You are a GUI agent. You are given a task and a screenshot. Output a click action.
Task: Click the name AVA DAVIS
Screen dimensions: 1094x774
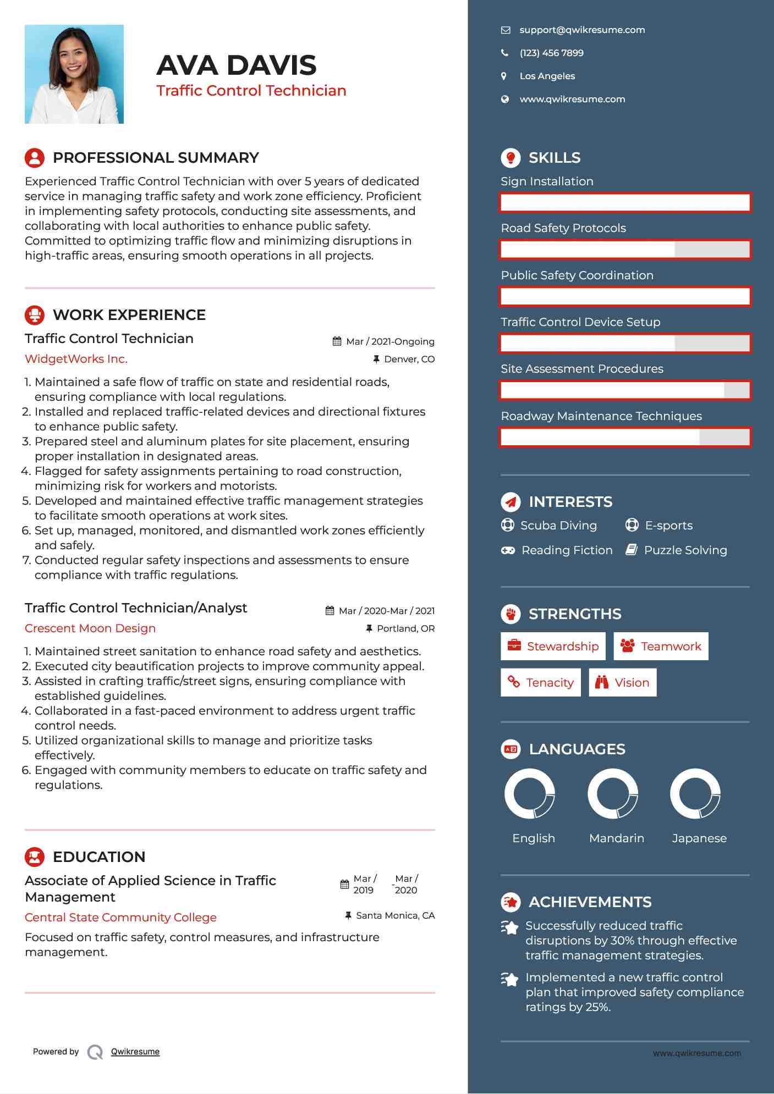pos(237,65)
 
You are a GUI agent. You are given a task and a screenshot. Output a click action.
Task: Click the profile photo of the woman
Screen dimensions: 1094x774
pos(74,74)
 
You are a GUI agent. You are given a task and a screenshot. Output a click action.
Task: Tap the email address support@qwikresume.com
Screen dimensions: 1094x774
pos(582,30)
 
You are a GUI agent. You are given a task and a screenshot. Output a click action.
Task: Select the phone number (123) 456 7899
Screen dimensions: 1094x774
pos(551,53)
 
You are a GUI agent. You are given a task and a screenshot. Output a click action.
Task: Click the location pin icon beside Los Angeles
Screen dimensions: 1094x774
pos(504,76)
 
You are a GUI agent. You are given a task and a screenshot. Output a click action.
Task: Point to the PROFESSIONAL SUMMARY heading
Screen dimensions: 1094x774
pos(156,158)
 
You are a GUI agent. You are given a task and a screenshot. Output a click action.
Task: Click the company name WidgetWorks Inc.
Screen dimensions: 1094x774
pos(76,359)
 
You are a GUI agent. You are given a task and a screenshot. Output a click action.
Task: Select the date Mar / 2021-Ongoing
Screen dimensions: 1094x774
pos(390,341)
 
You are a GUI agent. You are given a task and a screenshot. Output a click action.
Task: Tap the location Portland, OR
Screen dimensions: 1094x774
pos(405,628)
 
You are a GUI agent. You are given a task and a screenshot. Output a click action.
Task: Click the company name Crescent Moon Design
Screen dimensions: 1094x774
pos(90,628)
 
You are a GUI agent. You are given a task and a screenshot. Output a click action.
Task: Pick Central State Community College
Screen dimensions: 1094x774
pos(120,918)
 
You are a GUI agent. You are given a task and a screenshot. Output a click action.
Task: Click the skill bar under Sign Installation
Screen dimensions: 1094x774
pos(625,202)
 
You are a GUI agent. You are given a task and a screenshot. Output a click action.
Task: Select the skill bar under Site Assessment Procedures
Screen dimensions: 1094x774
pos(625,390)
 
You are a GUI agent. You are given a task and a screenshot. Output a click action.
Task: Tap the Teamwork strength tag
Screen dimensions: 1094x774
pos(661,646)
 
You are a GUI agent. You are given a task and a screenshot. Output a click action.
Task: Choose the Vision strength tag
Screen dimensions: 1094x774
pos(623,683)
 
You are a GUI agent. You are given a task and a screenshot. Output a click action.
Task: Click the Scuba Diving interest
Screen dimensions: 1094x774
pos(558,526)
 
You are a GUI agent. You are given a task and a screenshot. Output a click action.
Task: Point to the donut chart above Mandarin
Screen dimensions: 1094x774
pos(613,794)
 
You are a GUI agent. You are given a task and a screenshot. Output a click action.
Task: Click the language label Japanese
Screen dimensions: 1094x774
pos(699,838)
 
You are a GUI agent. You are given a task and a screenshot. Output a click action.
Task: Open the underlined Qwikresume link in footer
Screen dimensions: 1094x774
pos(135,1052)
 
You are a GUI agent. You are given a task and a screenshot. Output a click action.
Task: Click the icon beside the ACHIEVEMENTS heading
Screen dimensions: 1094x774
pos(510,902)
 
